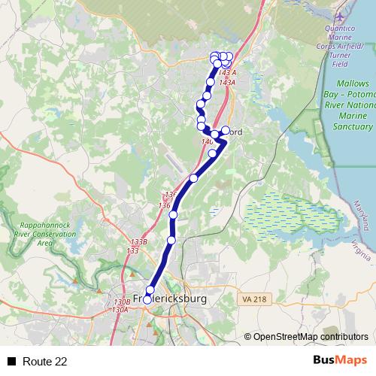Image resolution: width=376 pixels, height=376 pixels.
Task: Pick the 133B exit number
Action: pos(138,242)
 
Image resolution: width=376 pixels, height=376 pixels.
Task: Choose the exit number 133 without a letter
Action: pos(132,250)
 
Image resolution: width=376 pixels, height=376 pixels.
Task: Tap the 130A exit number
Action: pos(120,310)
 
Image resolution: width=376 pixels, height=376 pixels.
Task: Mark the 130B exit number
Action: pos(122,302)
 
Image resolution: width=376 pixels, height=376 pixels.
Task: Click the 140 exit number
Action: pos(207,141)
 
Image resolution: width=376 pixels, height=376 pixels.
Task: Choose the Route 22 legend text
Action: pos(44,361)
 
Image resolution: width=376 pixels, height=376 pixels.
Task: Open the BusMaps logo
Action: pos(340,360)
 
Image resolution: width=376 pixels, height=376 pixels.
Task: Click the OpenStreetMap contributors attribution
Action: pos(310,337)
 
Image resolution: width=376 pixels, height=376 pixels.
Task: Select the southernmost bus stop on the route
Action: pos(147,299)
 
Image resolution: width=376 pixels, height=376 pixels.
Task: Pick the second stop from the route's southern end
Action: pos(150,290)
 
